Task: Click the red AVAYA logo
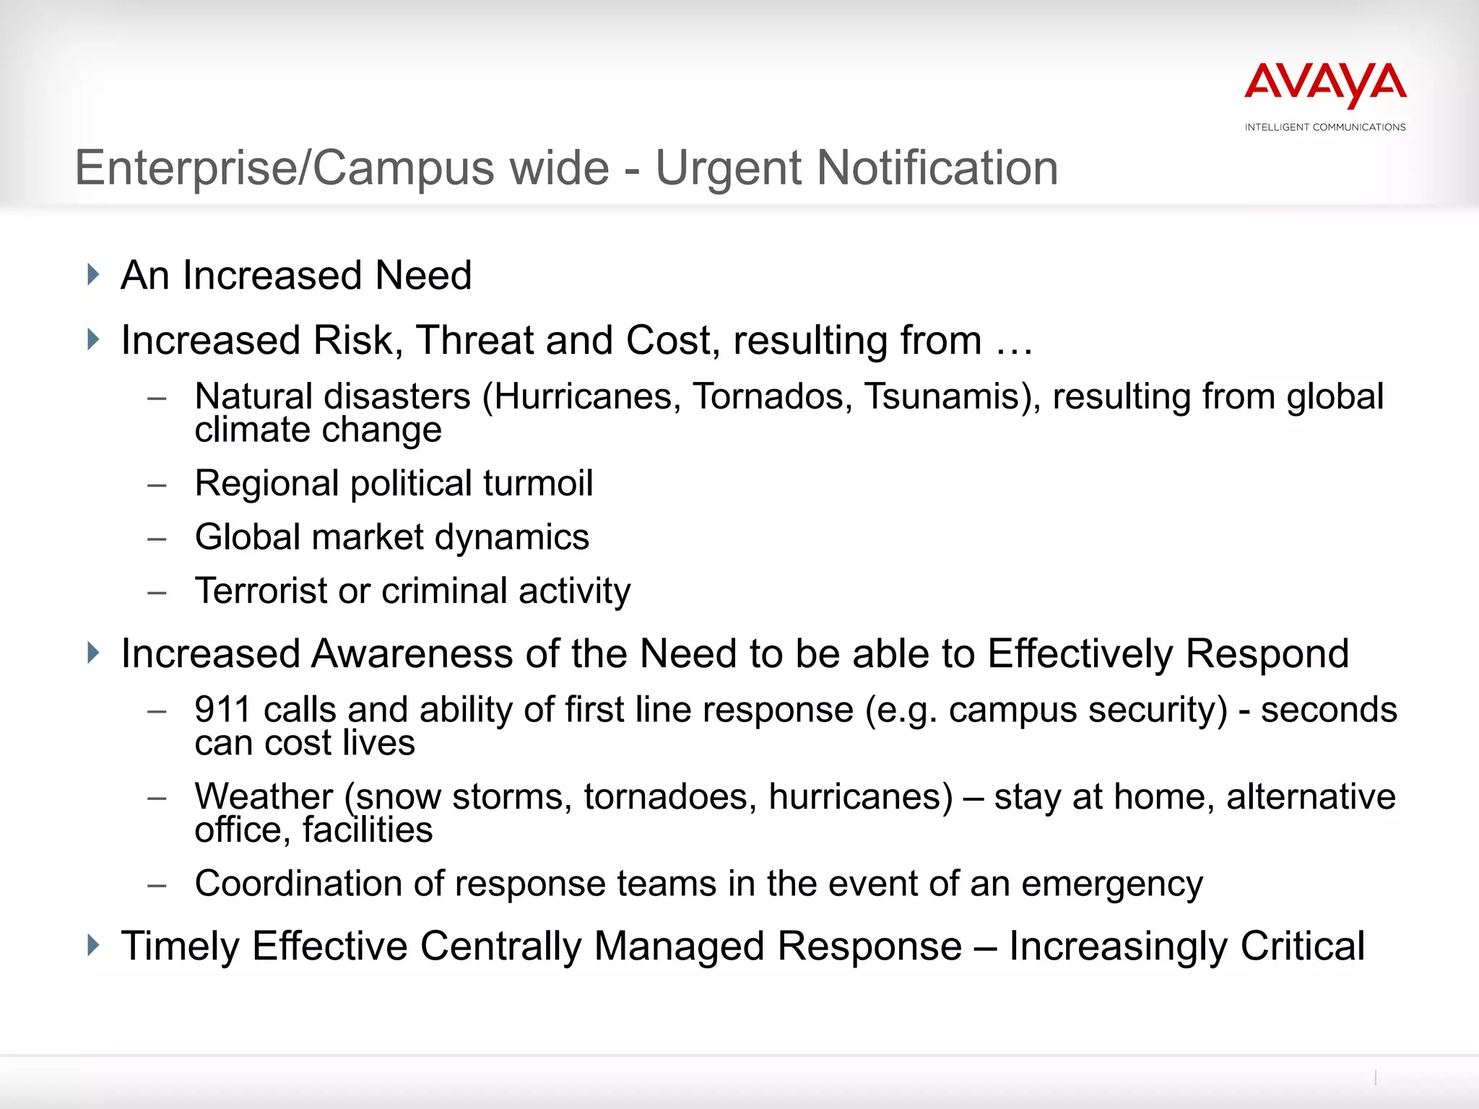(x=1325, y=85)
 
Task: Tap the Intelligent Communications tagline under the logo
(x=1325, y=127)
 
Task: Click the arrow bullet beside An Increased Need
(x=93, y=274)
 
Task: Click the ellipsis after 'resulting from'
(x=1015, y=342)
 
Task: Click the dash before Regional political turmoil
(x=157, y=485)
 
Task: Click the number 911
(x=222, y=710)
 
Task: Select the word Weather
(x=264, y=797)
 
